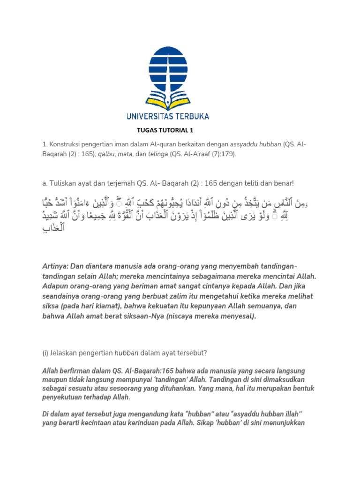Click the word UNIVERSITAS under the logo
(149, 116)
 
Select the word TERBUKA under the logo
(191, 116)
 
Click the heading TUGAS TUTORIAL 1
(165, 130)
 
